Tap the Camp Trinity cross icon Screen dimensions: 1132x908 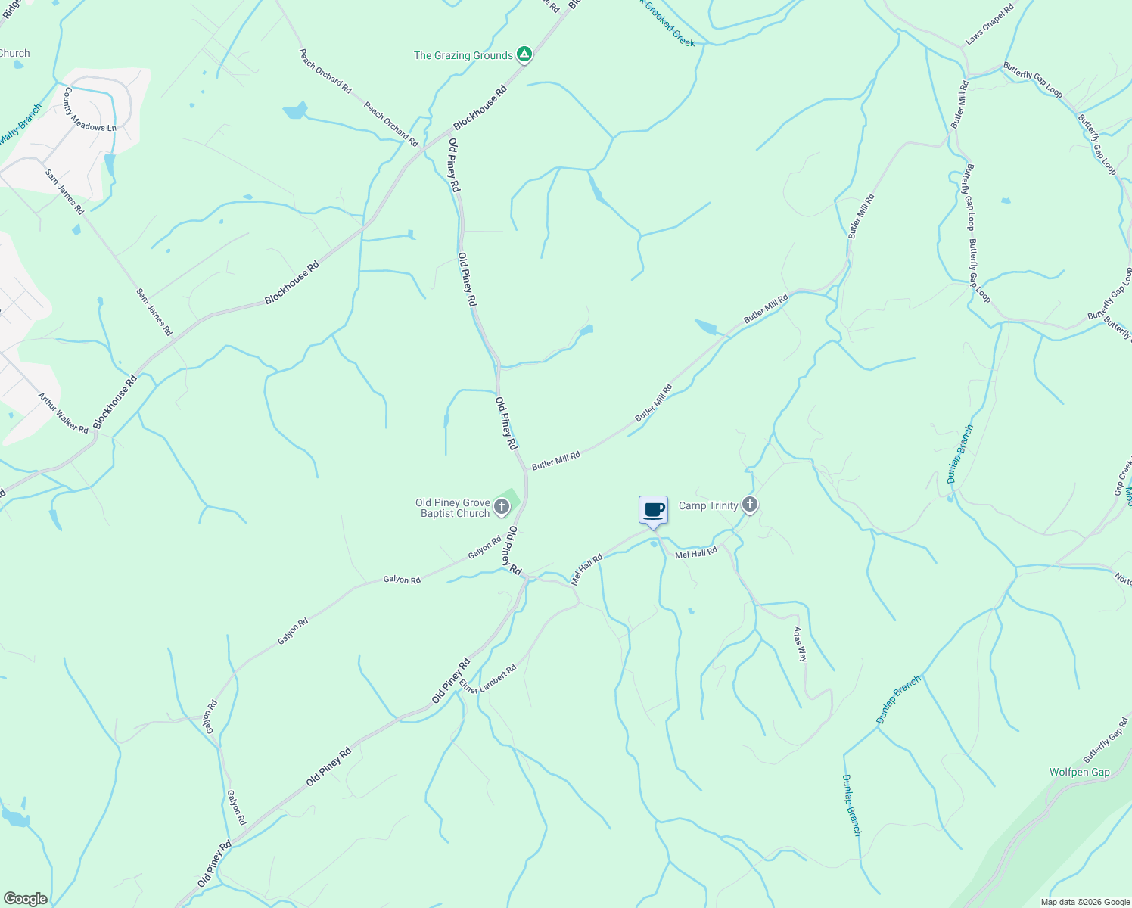749,505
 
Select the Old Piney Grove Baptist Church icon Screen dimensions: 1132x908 501,507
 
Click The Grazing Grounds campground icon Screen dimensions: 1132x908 524,54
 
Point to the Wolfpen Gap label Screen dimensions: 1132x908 1079,772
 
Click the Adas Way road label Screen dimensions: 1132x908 800,645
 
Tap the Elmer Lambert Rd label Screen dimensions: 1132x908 487,679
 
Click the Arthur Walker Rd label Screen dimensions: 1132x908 63,413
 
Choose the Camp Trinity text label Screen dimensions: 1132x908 708,505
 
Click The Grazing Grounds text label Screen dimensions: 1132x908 463,55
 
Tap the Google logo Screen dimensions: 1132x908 25,899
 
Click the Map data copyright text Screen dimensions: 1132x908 1084,902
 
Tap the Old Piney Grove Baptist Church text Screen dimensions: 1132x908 452,508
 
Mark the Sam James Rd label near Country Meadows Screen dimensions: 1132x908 64,192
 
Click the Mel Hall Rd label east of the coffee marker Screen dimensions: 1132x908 695,554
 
